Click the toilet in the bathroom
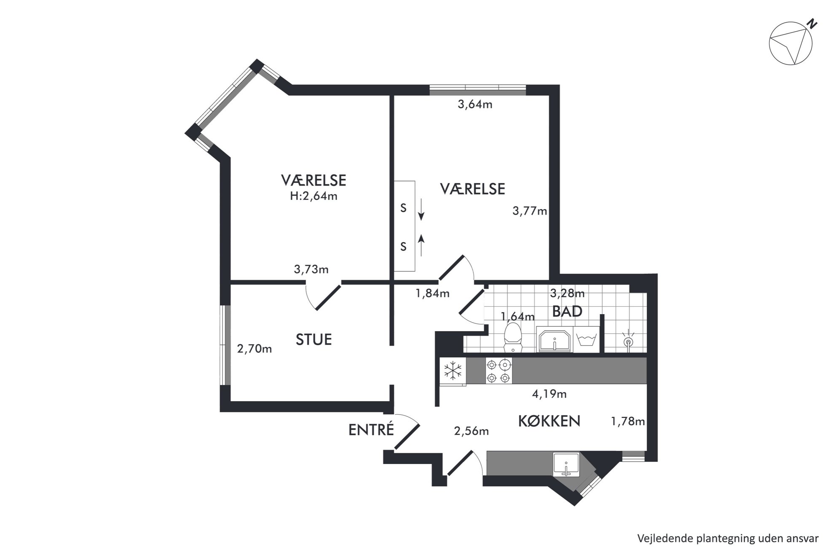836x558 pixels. click(x=513, y=337)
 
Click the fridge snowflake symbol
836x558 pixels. click(x=453, y=371)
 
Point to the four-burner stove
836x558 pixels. click(x=499, y=371)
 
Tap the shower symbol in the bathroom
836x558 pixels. click(x=628, y=340)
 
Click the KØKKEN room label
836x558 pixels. click(x=549, y=421)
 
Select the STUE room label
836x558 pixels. click(x=313, y=340)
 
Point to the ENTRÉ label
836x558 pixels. click(x=371, y=429)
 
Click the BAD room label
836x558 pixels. click(x=567, y=311)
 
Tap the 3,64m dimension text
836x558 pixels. click(x=475, y=104)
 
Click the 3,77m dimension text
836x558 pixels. click(x=530, y=210)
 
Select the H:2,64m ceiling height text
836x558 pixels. click(x=313, y=196)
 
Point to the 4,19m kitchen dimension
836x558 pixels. click(x=549, y=394)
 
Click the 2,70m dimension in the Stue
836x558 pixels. click(x=254, y=349)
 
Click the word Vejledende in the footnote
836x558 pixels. click(x=658, y=538)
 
